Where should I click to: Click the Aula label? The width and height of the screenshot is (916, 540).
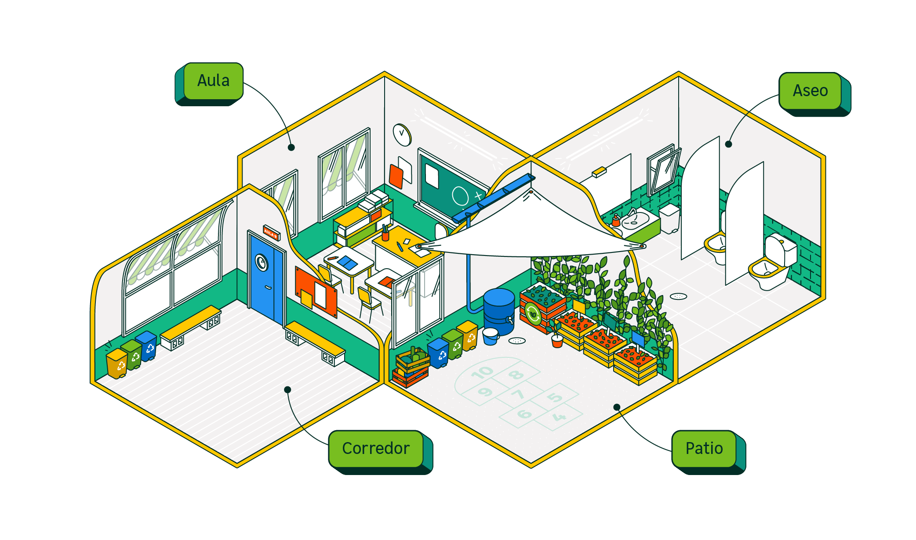[213, 81]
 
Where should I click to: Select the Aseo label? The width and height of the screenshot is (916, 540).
[810, 91]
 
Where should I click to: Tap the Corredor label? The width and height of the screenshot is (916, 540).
[375, 448]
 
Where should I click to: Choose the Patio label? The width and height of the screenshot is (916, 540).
[704, 448]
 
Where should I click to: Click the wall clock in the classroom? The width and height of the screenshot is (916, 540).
[401, 134]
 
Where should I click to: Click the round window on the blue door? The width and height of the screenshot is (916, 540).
[262, 263]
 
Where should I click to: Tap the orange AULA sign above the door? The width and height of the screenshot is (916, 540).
[271, 232]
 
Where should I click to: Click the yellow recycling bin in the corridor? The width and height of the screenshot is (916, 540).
[117, 364]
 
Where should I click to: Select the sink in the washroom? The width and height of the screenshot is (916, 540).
[636, 219]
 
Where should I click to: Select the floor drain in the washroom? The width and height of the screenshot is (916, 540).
[678, 296]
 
